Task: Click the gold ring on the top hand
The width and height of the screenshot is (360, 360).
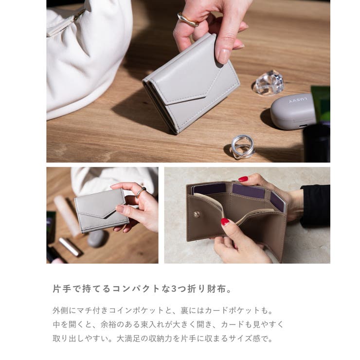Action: point(187,20)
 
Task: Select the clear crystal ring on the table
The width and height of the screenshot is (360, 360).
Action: point(269,83)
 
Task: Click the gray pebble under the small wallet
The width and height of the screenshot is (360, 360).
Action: point(96,238)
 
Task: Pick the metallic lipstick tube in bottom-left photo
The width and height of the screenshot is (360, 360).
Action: point(70,246)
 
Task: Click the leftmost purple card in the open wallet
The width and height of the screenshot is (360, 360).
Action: point(210,188)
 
